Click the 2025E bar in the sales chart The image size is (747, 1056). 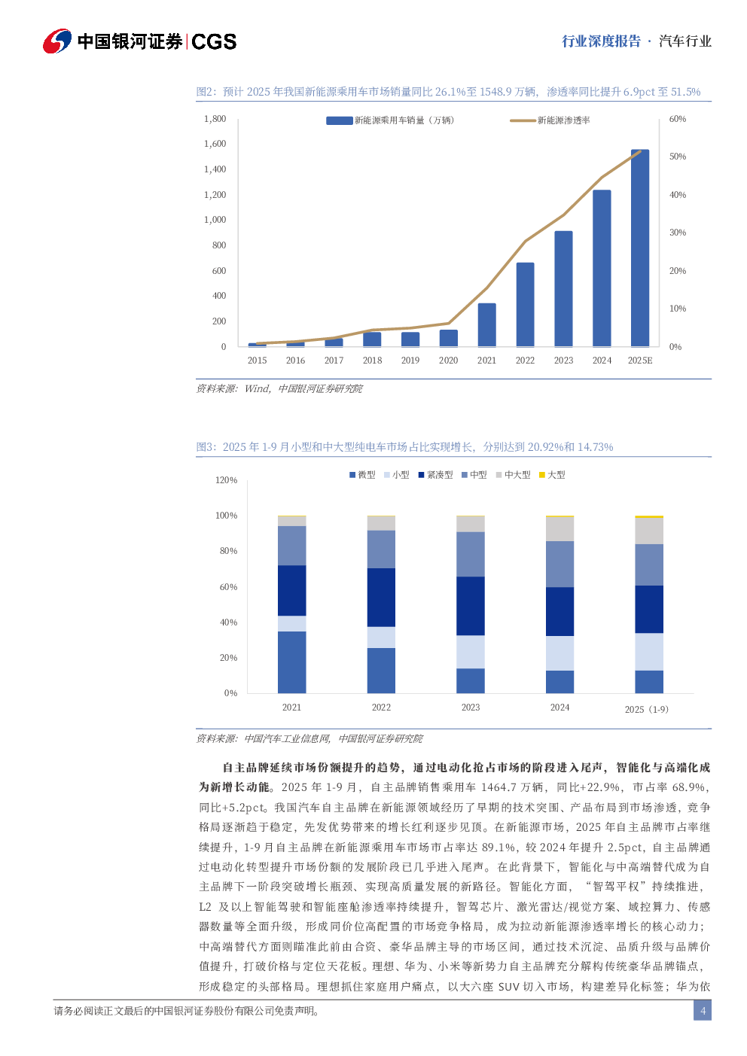point(640,248)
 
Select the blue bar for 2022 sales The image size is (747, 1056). point(526,305)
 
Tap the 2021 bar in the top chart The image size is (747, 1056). point(487,325)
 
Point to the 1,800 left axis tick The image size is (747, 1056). point(215,119)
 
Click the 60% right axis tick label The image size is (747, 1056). point(678,119)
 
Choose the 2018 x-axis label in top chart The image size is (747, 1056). point(372,361)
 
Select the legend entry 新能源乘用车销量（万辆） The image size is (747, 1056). point(404,120)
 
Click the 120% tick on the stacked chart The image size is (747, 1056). point(227,480)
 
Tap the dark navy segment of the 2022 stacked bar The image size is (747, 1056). point(381,598)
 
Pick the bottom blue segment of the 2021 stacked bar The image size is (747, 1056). point(292,662)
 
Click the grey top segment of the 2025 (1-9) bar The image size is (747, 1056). point(649,531)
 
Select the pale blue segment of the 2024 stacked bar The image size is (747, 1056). point(559,653)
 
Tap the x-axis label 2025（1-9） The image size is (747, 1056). point(647,709)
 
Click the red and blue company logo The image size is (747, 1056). point(57,41)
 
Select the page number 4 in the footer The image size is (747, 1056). point(703,1011)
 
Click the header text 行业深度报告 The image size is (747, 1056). point(601,41)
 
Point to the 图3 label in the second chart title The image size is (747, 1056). point(206,447)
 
